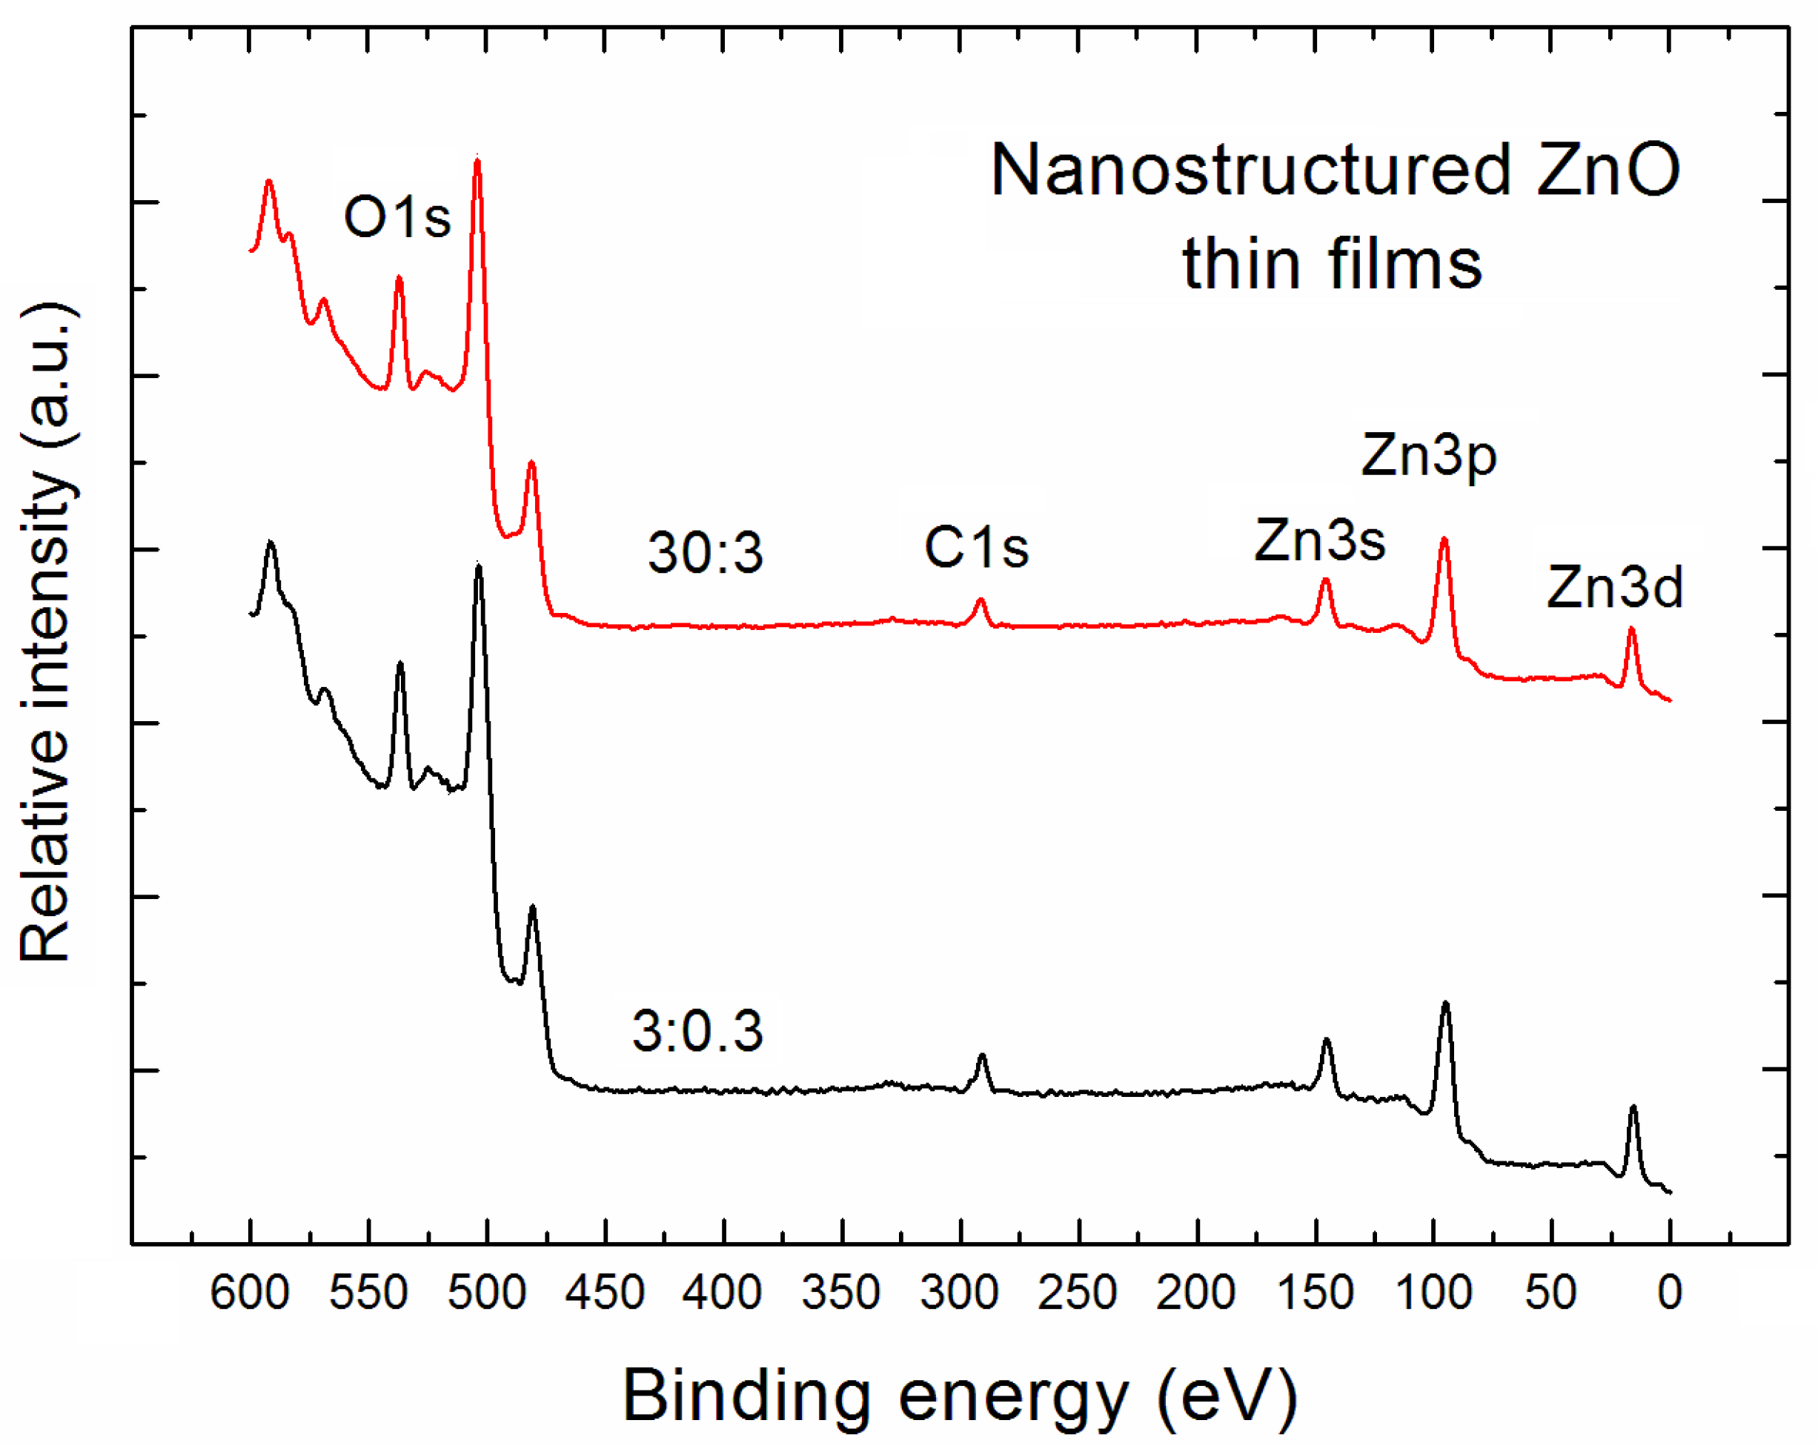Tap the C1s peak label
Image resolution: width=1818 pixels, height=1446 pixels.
coord(977,547)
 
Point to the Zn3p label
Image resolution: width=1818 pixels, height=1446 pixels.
coord(1428,456)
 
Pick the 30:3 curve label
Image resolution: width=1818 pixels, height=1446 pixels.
coord(705,553)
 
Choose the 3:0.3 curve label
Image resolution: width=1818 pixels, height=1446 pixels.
coord(697,1031)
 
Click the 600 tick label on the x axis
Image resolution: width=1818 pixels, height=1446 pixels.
coord(250,1292)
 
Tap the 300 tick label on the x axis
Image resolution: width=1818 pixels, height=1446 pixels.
coord(960,1292)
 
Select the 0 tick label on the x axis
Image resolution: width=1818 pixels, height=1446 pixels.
coord(1670,1292)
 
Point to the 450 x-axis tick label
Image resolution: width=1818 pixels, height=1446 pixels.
coord(605,1292)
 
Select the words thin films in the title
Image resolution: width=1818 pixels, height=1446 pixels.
coord(1332,264)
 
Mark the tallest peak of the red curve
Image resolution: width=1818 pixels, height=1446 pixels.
coord(477,160)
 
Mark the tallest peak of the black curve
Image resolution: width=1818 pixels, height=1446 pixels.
coord(479,566)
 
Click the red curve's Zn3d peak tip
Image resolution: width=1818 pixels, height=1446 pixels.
coord(1632,629)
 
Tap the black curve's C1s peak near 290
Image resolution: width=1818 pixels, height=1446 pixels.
coord(981,1055)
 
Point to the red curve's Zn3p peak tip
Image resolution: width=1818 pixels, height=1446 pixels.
coord(1444,539)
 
